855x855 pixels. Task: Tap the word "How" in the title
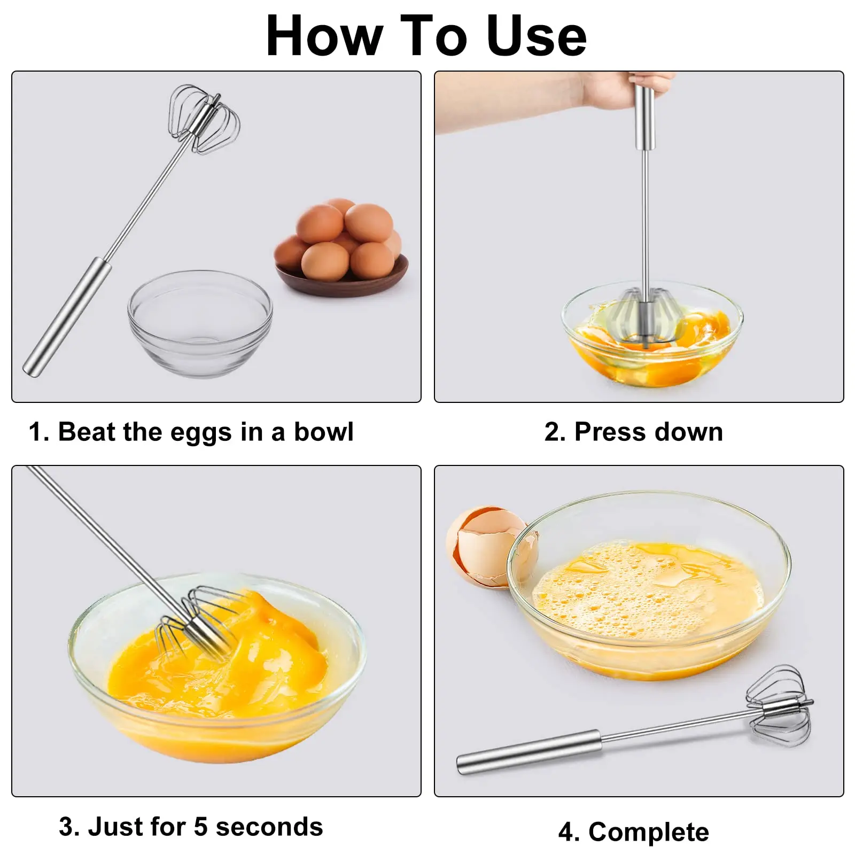[x=324, y=36]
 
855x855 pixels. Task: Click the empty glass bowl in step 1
[x=200, y=324]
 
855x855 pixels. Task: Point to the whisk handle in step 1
[x=67, y=317]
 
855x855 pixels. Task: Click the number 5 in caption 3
[x=200, y=827]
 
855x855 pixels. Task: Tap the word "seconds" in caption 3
[x=270, y=827]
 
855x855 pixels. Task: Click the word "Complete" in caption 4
[x=649, y=832]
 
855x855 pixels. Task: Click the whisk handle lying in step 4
[x=529, y=752]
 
